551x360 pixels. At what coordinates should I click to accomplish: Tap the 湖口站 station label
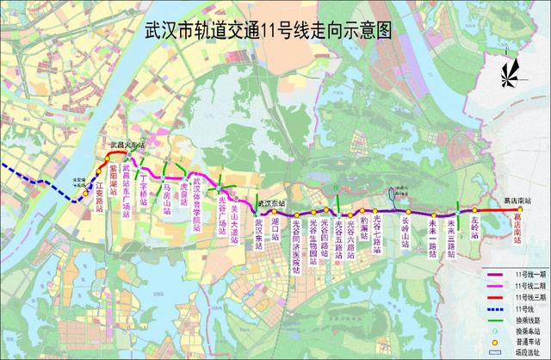tap(275, 227)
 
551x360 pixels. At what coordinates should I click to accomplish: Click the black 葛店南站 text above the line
tap(517, 201)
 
